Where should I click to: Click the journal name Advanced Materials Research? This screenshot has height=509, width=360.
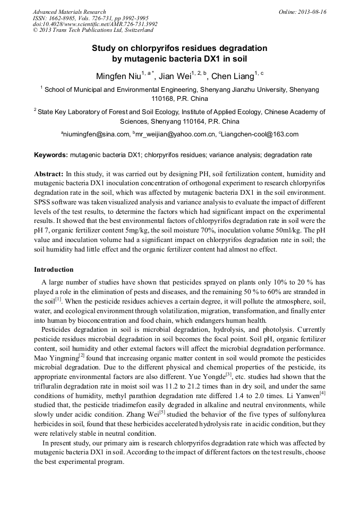69,12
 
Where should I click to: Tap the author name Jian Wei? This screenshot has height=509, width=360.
176,76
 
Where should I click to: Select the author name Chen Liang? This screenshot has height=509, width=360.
233,76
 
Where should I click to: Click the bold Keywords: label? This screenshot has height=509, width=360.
51,155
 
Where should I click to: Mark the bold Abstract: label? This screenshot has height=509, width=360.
49,174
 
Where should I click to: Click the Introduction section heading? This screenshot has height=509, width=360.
54,270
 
